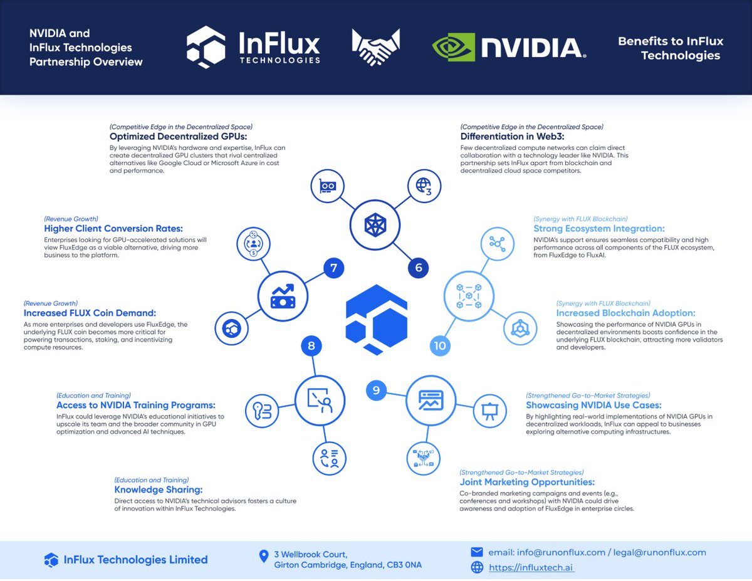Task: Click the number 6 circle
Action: pos(419,268)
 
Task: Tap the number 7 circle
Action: pos(333,268)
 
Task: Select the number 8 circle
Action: pos(311,345)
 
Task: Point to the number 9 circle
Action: pos(376,390)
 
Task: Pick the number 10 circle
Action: pos(440,345)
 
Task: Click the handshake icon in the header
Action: pos(376,47)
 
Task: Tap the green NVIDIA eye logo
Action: pos(454,48)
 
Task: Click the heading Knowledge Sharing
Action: pos(158,489)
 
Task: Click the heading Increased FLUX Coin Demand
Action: pos(90,313)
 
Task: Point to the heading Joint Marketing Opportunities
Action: pos(527,482)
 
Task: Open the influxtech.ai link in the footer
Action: pos(531,568)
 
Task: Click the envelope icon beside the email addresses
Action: pos(477,552)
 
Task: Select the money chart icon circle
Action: pos(281,295)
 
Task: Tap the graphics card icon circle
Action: pos(326,186)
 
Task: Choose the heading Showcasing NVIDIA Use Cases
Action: pos(593,406)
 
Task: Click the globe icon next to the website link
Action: pos(477,568)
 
